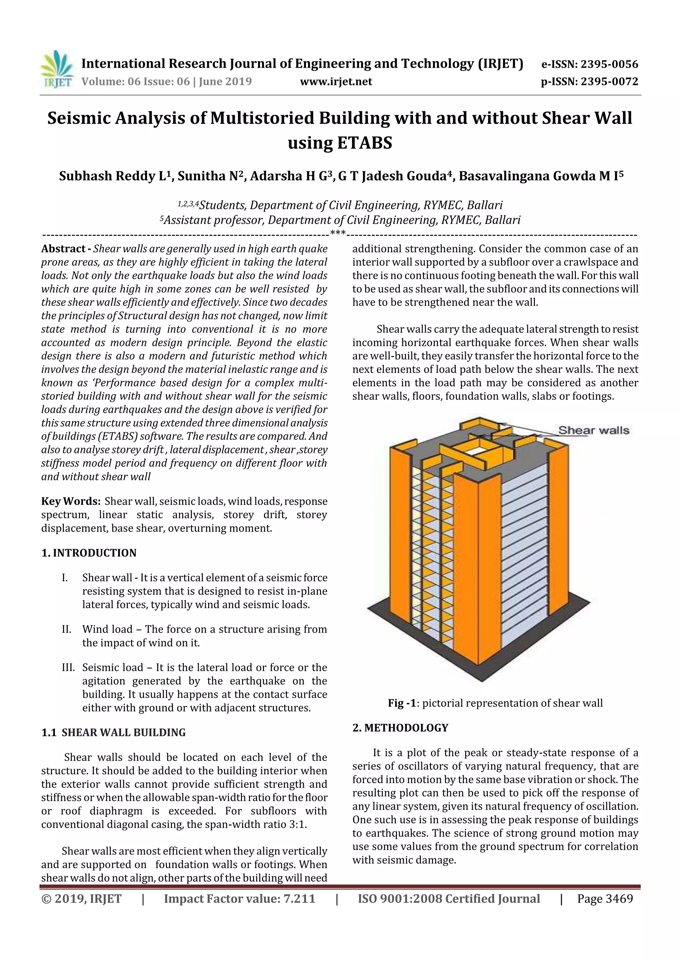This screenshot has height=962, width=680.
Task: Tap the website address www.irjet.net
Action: point(336,82)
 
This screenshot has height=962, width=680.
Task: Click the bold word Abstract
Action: point(63,249)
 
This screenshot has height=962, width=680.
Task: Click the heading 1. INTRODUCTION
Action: point(89,553)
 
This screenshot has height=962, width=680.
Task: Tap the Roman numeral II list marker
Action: point(66,629)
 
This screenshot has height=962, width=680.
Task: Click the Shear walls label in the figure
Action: point(593,430)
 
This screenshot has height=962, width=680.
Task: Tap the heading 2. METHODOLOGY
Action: point(400,728)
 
